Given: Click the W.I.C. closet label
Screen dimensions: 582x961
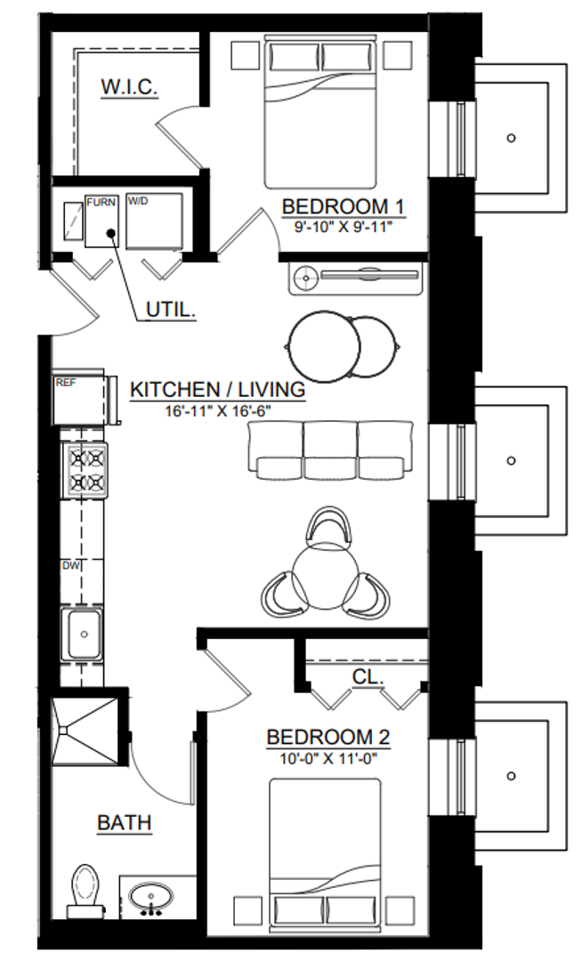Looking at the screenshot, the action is [x=129, y=86].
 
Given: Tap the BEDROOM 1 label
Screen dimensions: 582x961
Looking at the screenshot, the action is [x=344, y=206].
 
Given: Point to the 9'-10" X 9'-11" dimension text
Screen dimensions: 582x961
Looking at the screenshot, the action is [x=344, y=228].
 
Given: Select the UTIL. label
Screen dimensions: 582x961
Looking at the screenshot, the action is [x=171, y=311].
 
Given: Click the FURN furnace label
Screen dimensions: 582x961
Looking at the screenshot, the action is [x=101, y=202].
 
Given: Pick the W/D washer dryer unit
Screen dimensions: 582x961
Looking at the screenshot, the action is [x=154, y=221].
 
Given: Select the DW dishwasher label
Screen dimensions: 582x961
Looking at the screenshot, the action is [x=71, y=566].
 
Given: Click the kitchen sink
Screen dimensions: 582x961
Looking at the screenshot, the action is [x=84, y=634].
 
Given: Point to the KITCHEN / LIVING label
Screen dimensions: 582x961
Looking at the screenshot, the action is [x=217, y=390].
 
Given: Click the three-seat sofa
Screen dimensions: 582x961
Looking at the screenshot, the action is [x=329, y=450].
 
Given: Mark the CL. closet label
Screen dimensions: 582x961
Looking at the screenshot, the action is [x=368, y=676].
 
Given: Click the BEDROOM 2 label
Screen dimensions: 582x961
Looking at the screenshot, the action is [x=328, y=737].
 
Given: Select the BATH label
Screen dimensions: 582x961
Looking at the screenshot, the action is [x=125, y=822].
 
